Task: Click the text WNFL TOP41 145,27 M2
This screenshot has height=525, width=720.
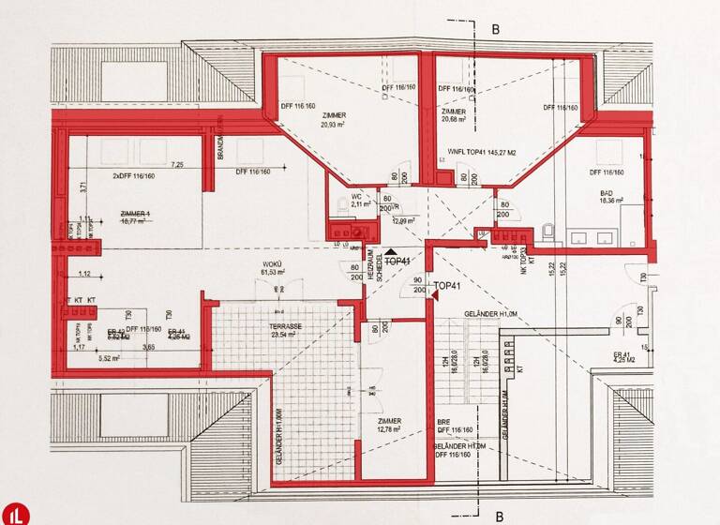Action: tap(481, 151)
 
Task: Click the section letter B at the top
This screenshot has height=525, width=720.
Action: tap(497, 29)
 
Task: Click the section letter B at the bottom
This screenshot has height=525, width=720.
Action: tap(500, 515)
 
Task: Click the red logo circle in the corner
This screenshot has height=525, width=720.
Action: tap(16, 513)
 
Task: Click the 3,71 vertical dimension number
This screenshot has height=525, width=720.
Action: tap(82, 187)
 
